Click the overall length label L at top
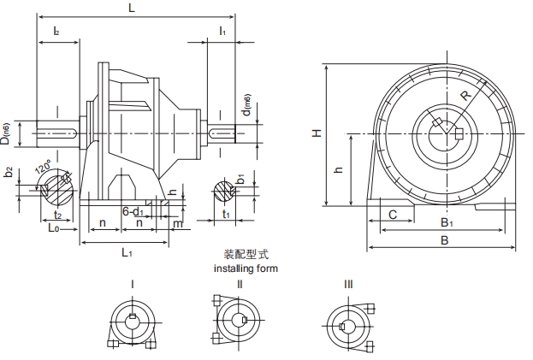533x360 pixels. coord(131,8)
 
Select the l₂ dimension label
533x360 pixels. coord(56,31)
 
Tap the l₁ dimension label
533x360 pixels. coord(222,31)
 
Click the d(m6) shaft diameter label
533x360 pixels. coord(247,102)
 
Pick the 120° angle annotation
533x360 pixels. coord(42,168)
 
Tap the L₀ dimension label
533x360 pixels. coord(52,228)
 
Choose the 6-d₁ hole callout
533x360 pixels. coord(132,210)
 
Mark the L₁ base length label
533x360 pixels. coord(126,251)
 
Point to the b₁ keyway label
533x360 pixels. coord(242,180)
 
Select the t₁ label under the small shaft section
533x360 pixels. coord(226,215)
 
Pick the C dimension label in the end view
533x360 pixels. coord(392,215)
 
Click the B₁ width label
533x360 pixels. coord(446,222)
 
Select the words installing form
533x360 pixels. coord(245,268)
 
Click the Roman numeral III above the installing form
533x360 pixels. coord(348,284)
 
